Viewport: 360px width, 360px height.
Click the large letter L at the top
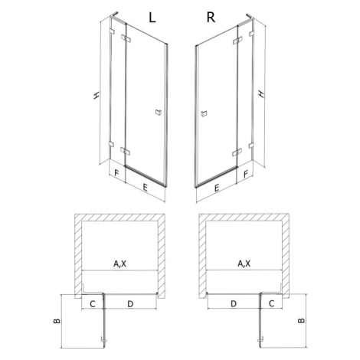point(152,18)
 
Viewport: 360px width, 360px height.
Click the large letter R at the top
point(211,18)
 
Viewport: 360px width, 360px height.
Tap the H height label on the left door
point(97,96)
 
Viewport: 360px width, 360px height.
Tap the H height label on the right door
point(261,94)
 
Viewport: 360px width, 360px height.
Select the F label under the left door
point(116,173)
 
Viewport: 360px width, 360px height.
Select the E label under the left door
point(145,188)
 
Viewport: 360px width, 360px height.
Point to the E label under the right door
point(217,188)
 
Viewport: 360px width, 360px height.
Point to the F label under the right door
point(246,174)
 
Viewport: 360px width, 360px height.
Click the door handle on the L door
point(159,112)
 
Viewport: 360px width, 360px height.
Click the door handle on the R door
point(204,113)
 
